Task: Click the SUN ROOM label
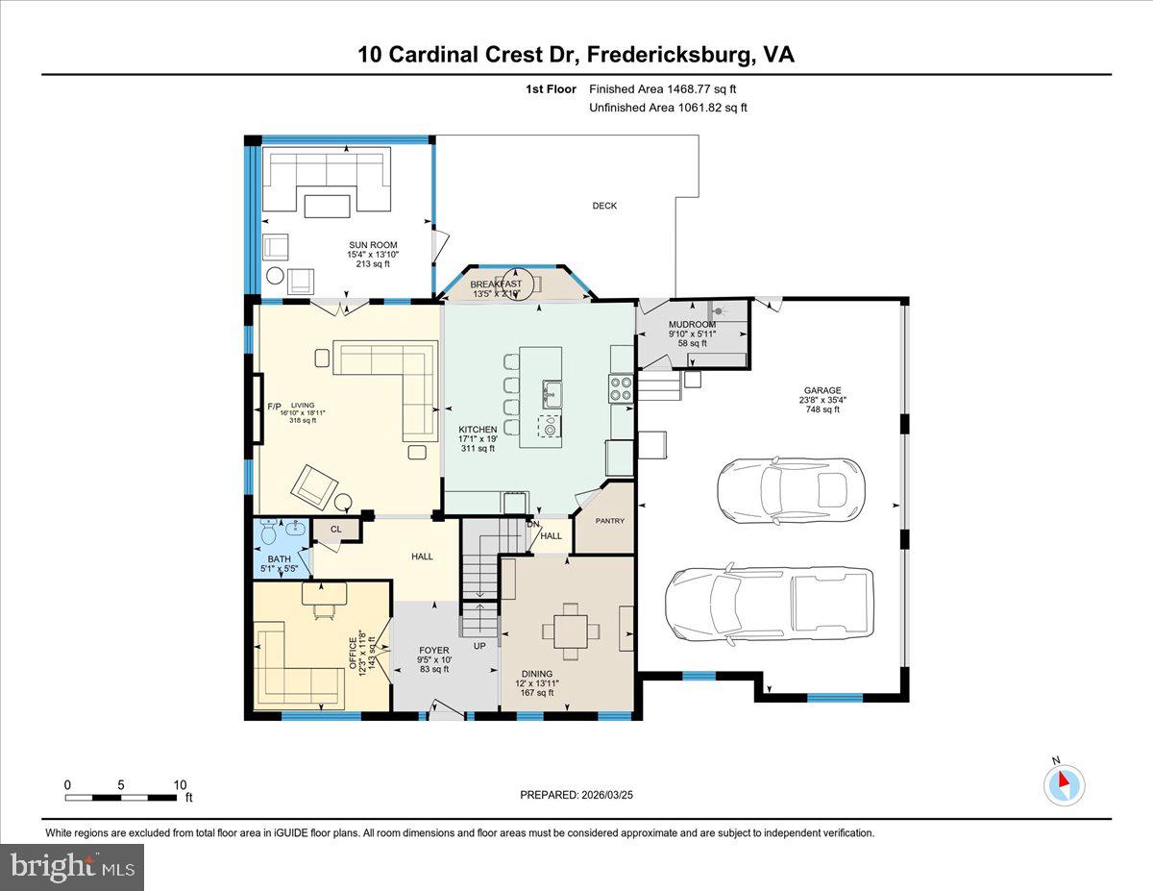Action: [x=373, y=245]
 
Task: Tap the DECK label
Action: [x=604, y=206]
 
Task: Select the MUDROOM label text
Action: [x=692, y=324]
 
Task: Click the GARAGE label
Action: [x=822, y=391]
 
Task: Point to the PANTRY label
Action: [x=609, y=521]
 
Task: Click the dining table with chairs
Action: [x=572, y=631]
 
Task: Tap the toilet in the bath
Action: [x=268, y=532]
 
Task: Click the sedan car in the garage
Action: [x=791, y=485]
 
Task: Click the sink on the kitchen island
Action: [x=552, y=391]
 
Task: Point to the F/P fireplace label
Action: [x=274, y=407]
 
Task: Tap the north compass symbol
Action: [x=1064, y=784]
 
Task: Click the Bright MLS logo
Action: [x=72, y=867]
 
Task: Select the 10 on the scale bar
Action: [x=180, y=784]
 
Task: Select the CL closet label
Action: [x=336, y=529]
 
